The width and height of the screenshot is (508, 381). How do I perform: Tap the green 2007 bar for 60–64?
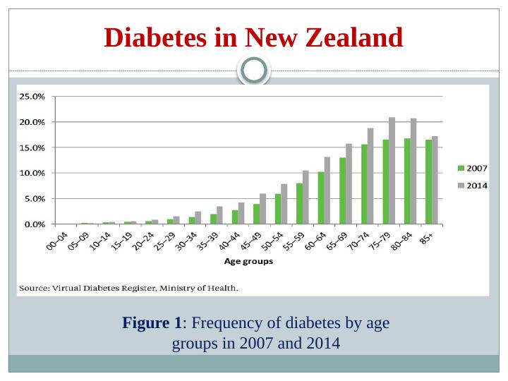pos(321,198)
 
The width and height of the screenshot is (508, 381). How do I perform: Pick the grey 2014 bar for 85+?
pos(435,180)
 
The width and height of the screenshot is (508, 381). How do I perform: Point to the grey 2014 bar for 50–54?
pos(284,204)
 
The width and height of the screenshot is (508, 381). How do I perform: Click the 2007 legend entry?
pos(473,169)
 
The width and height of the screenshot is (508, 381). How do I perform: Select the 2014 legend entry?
pos(473,185)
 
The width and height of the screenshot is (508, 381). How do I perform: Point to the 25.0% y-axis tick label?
pos(32,96)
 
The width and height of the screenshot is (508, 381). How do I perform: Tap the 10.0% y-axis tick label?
pos(32,173)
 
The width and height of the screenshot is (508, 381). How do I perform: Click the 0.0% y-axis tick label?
pos(34,224)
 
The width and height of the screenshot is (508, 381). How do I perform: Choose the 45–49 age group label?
pos(250,241)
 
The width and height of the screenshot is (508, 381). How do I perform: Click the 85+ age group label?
pos(426,238)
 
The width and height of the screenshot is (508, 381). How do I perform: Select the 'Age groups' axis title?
pos(248,261)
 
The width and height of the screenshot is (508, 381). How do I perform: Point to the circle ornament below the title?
pos(254,70)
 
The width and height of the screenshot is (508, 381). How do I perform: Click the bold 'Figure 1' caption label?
pos(152,323)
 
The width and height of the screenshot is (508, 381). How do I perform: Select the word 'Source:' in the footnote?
pos(33,288)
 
